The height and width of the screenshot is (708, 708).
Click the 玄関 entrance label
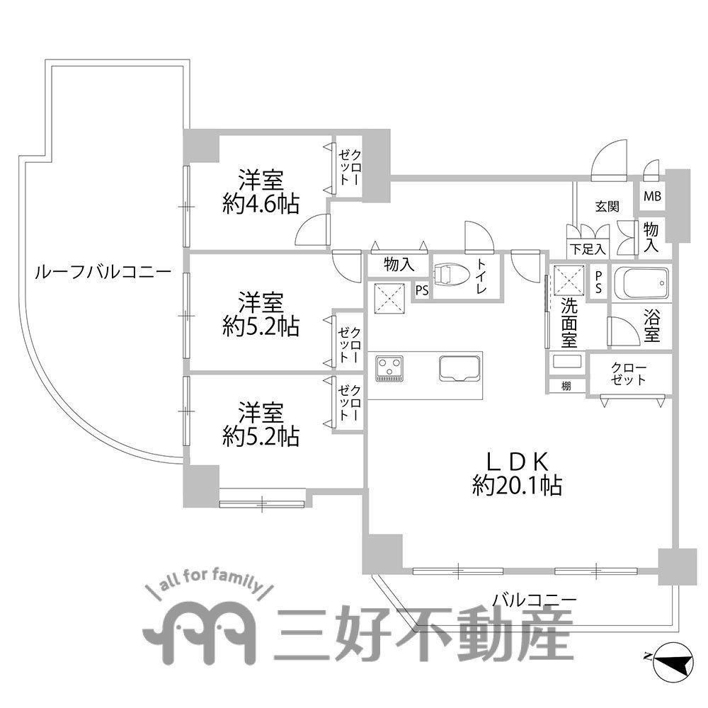607,207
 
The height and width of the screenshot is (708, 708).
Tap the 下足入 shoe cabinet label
588,249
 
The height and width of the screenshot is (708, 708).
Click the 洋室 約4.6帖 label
260,191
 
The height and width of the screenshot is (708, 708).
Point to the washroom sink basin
566,362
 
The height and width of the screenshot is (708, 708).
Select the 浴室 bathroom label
652,324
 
